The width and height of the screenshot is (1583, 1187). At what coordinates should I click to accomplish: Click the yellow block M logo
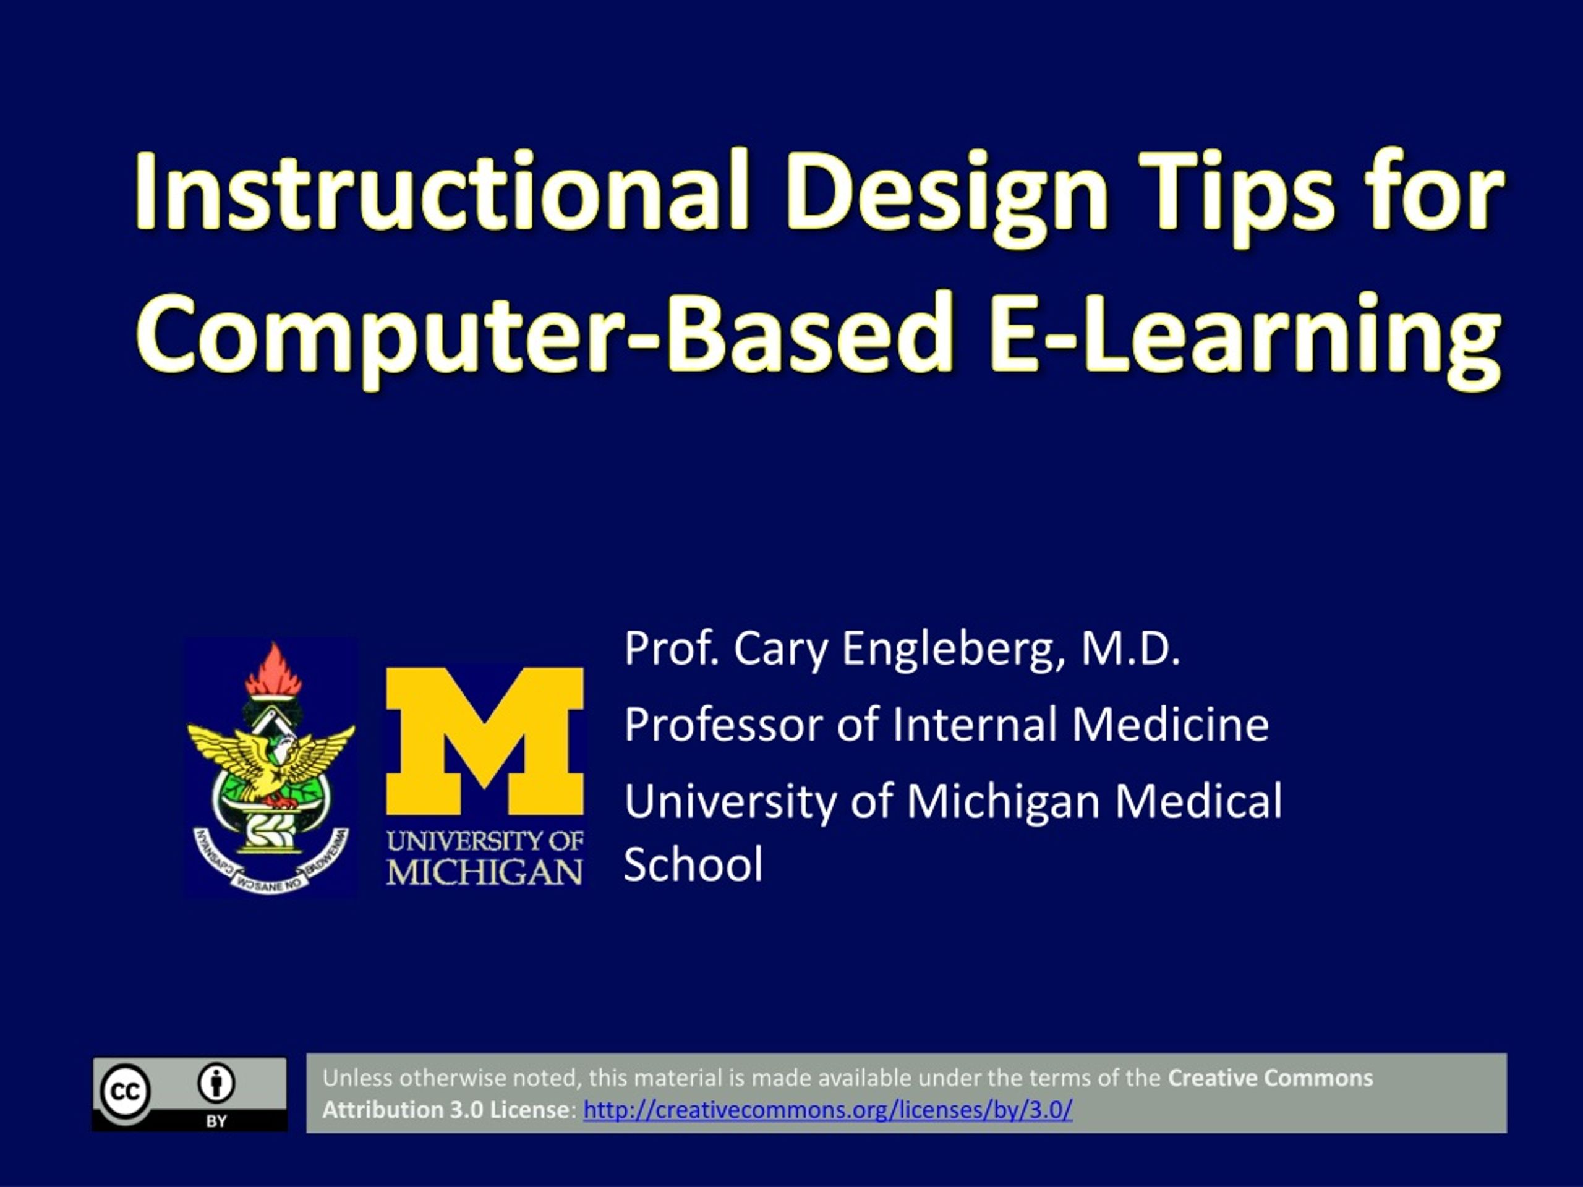coord(485,741)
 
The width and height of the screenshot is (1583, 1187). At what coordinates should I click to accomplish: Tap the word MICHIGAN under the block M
coord(485,872)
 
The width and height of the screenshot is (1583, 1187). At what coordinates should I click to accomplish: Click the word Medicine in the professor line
coord(1170,724)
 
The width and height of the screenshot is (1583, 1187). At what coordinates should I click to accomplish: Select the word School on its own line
coord(693,864)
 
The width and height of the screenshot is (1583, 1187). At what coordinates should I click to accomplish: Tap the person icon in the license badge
coord(216,1083)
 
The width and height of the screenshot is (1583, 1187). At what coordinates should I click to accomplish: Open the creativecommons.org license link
coord(827,1110)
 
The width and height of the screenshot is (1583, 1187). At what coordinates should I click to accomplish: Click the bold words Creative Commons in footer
coord(1269,1078)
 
